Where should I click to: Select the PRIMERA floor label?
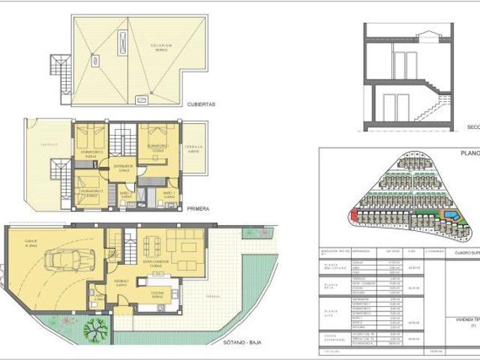197,209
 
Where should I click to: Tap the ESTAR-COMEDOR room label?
157,263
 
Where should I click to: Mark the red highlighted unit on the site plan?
352,218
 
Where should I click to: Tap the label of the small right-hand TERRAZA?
193,149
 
